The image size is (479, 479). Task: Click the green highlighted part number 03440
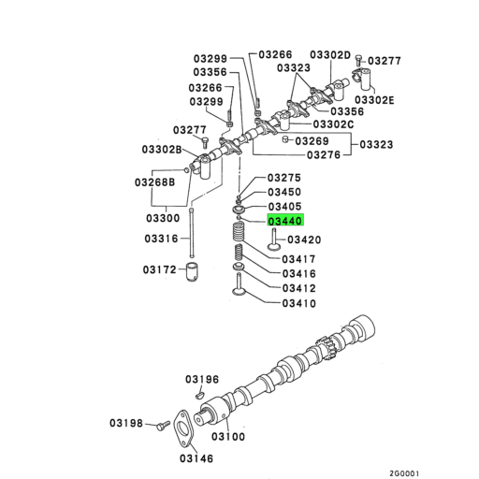286,222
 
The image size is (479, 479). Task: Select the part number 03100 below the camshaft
228,436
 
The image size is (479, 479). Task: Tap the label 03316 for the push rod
160,239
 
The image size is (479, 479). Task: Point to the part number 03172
160,270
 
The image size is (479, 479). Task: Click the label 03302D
330,55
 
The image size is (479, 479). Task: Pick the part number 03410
298,303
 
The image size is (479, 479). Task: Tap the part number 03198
129,423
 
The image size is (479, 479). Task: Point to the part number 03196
201,379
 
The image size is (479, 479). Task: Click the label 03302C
333,123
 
